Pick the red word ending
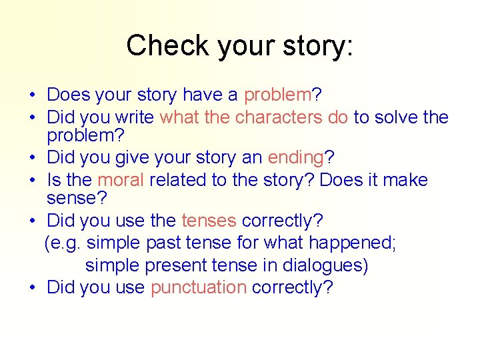pyautogui.click(x=295, y=158)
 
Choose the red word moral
pyautogui.click(x=121, y=180)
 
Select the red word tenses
pyautogui.click(x=209, y=221)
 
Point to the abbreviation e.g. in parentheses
pyautogui.click(x=65, y=243)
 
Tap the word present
pyautogui.click(x=175, y=265)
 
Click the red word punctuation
pyautogui.click(x=199, y=287)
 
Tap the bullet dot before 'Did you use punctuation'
pyautogui.click(x=33, y=288)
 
